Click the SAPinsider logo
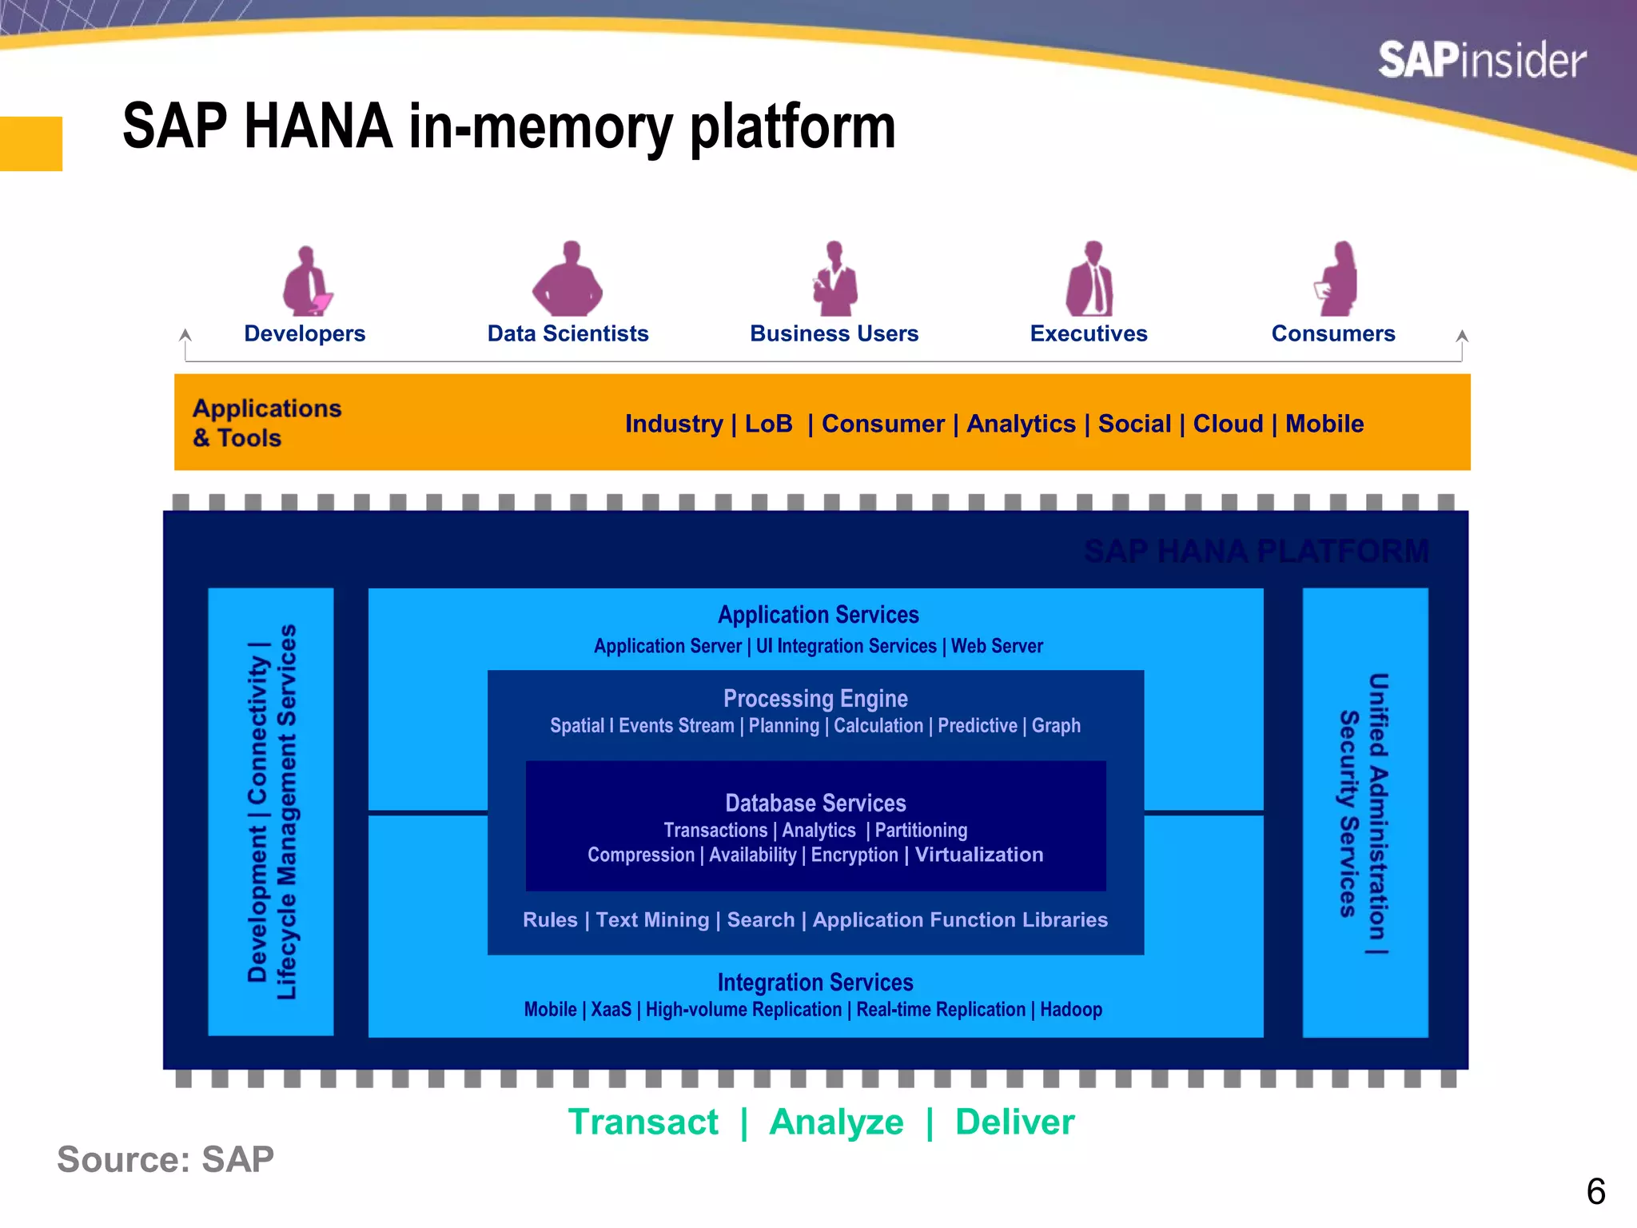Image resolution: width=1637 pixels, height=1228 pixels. click(1482, 61)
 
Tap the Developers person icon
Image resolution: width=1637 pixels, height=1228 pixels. click(306, 281)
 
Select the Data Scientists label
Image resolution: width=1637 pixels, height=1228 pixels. click(568, 333)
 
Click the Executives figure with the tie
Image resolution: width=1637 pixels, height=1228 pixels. click(1089, 280)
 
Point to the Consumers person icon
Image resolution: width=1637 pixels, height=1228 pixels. click(1337, 280)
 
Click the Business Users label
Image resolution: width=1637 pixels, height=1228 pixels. click(834, 333)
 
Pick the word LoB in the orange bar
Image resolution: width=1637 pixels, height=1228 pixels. click(768, 424)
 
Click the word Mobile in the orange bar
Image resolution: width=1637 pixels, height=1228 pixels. click(1324, 424)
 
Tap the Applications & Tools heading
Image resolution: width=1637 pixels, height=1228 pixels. click(266, 423)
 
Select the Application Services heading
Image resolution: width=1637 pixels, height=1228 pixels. click(818, 615)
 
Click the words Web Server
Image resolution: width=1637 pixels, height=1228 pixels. click(997, 646)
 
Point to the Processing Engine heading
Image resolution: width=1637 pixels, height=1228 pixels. click(815, 699)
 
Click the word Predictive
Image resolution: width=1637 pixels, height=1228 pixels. click(977, 726)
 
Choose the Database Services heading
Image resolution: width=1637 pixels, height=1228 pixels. click(815, 803)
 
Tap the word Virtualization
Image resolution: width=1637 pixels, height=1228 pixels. click(978, 855)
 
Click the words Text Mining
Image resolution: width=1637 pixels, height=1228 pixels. click(652, 920)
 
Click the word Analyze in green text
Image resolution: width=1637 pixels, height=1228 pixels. click(836, 1122)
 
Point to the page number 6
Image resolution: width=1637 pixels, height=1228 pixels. click(1595, 1192)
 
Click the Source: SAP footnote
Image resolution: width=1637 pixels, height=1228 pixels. click(165, 1159)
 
